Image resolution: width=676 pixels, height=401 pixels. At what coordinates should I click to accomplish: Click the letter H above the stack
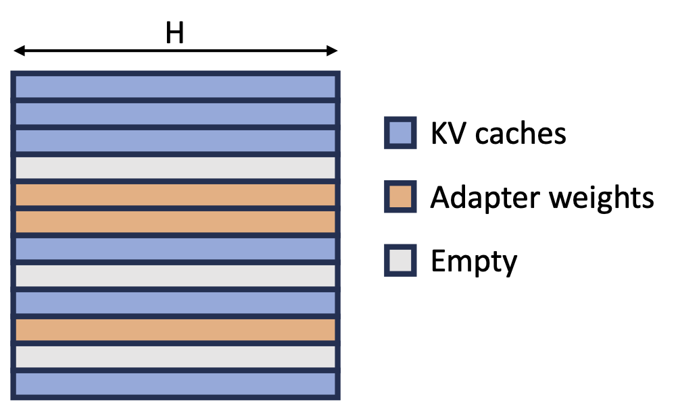tap(175, 32)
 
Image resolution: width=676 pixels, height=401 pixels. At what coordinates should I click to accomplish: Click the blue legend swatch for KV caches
tap(399, 133)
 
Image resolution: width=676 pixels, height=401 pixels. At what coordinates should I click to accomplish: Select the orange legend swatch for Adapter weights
tap(399, 197)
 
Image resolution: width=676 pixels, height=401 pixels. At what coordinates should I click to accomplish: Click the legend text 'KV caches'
tap(498, 134)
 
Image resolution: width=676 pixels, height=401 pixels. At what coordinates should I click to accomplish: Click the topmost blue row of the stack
tap(176, 86)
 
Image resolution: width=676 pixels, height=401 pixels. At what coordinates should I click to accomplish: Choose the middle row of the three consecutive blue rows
tap(176, 113)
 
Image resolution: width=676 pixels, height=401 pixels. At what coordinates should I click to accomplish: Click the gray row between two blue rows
tap(176, 275)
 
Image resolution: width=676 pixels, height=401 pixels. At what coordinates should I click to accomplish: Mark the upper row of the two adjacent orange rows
tap(176, 194)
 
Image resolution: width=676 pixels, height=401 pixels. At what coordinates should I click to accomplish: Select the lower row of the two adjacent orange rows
tap(176, 221)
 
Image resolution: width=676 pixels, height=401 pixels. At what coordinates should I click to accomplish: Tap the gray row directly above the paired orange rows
tap(176, 167)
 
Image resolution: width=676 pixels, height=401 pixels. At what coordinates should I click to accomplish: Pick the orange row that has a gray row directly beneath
tap(176, 329)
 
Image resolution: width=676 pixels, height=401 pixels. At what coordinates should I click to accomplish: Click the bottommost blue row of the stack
tap(176, 383)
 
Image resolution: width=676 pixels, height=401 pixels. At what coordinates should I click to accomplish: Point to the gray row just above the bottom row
tap(176, 356)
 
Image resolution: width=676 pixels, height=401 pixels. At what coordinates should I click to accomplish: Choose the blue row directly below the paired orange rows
tap(176, 248)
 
